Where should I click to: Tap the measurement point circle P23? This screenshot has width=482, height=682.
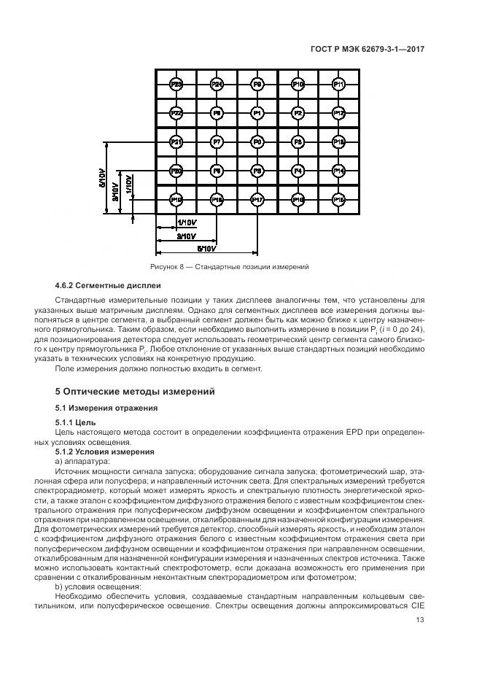[x=176, y=85]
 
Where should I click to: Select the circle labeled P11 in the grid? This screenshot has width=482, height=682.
[x=338, y=85]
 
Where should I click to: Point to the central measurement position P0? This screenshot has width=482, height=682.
[x=257, y=142]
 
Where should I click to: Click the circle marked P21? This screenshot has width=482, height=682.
[x=176, y=142]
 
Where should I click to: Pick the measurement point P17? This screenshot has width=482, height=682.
[x=257, y=199]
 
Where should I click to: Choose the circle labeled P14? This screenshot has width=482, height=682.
[x=338, y=171]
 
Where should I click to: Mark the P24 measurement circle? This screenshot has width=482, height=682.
[x=217, y=85]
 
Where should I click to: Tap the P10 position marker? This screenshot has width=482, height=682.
[x=298, y=85]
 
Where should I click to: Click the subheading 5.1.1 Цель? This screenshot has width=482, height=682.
[x=75, y=422]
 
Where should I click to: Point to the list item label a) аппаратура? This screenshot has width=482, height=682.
[x=84, y=461]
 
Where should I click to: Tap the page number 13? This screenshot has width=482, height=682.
[x=421, y=621]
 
